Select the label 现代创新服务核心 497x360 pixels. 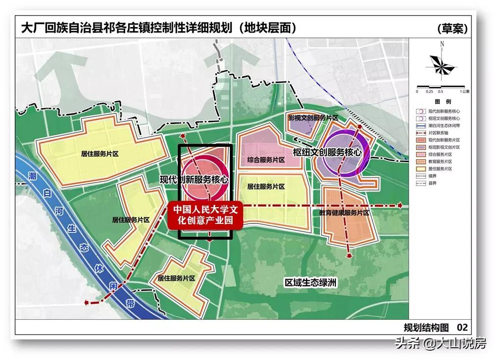[194, 180]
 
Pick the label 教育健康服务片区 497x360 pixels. [344, 213]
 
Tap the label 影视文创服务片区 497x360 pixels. [313, 118]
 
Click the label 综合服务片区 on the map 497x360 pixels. [263, 160]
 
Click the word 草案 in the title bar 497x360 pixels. [451, 28]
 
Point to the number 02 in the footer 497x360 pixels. [462, 327]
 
